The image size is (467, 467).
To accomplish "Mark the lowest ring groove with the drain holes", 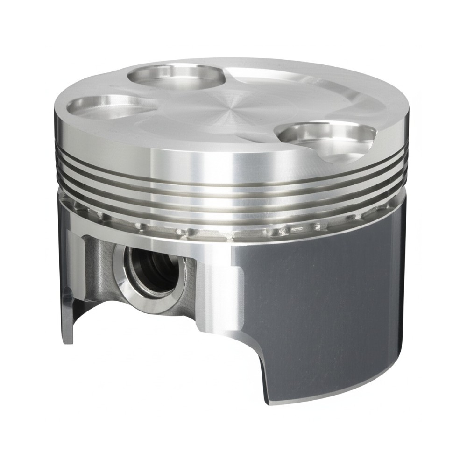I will click(x=233, y=229).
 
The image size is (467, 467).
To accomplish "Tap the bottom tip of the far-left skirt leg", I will click(x=68, y=341).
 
